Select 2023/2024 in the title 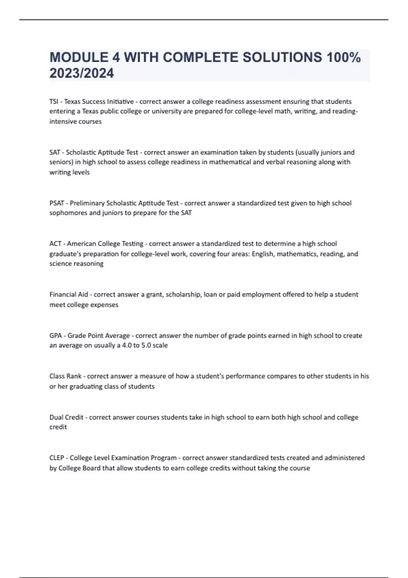tap(82, 73)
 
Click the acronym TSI tap(54, 101)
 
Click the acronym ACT tap(55, 243)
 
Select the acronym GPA tap(56, 336)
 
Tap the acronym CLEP tap(57, 458)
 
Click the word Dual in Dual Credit tap(56, 417)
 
